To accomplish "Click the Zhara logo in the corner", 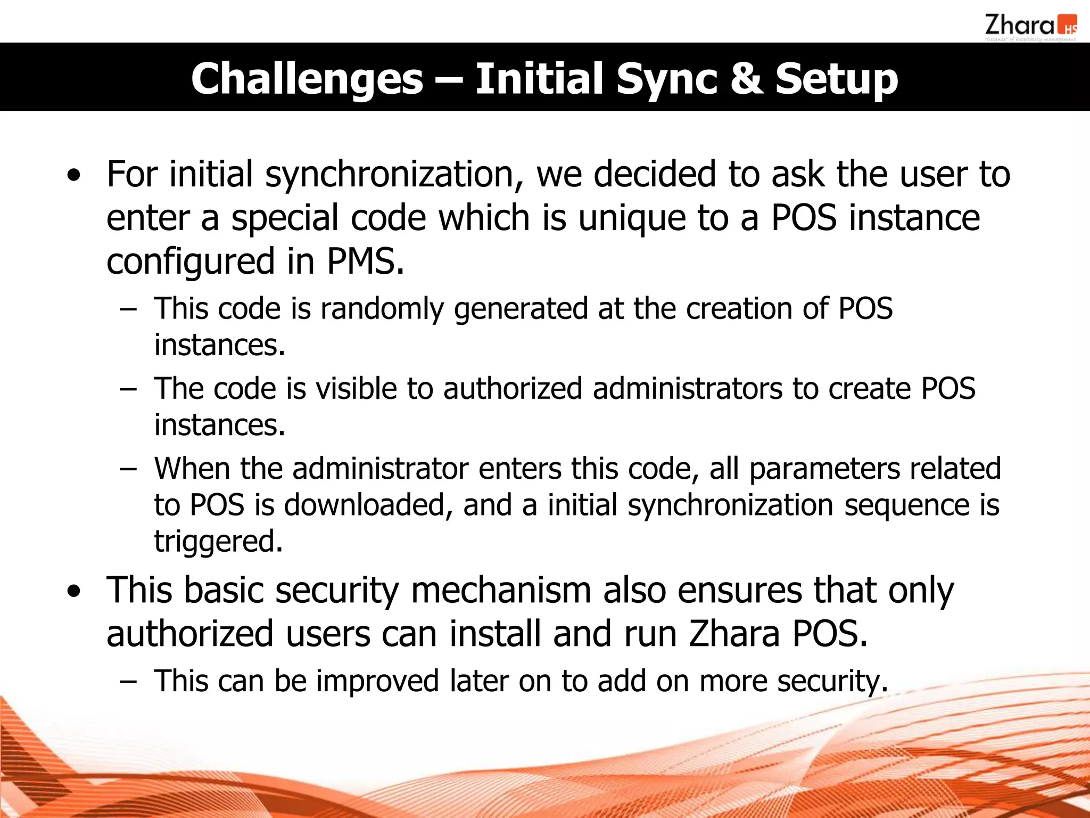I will [1030, 27].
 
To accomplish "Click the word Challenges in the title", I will [307, 78].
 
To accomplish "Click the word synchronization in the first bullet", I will [394, 175].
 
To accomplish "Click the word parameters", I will [824, 469].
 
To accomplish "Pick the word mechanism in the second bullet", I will [501, 590].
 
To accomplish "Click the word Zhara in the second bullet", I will [734, 634].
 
